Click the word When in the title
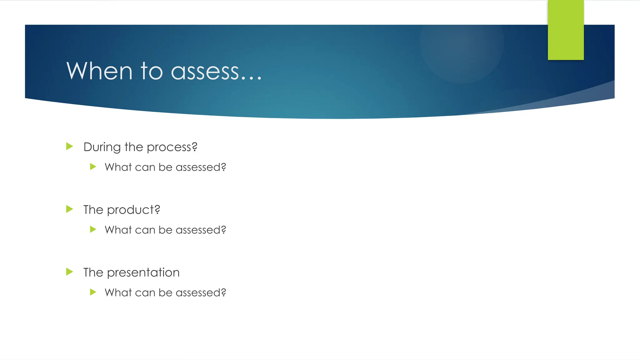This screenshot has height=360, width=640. [x=99, y=71]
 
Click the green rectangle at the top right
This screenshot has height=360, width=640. [x=566, y=30]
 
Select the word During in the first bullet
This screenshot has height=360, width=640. [x=102, y=147]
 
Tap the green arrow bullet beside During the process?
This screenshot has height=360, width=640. [x=69, y=146]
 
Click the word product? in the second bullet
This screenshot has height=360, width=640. [x=133, y=210]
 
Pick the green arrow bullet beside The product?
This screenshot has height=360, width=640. [x=69, y=209]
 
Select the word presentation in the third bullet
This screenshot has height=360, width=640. [x=143, y=273]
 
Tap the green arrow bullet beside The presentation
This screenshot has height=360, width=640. [x=69, y=272]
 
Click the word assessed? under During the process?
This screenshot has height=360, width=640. [x=201, y=167]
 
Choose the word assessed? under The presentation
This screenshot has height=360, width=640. [x=201, y=293]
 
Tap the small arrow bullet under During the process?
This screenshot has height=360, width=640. [x=93, y=167]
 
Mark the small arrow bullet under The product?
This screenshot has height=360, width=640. [x=93, y=229]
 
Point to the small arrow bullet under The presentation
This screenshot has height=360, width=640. [x=93, y=292]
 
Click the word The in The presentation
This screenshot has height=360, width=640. [x=93, y=272]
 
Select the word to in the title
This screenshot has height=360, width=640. [x=152, y=71]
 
